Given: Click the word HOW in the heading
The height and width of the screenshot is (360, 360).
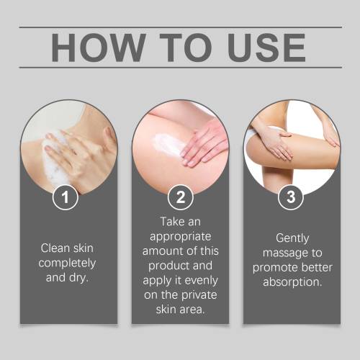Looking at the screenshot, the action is coord(99,48).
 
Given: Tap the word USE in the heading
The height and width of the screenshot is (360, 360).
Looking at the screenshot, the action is coord(266,48).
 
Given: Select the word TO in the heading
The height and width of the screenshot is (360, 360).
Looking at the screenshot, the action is coord(186,48).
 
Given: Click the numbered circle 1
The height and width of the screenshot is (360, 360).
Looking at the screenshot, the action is coord(66,197).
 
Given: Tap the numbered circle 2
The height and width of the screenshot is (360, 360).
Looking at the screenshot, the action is coord(181,197).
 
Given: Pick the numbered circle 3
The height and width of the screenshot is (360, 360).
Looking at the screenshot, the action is coord(291,197).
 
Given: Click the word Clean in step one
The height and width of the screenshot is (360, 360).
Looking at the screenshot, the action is coord(55,248).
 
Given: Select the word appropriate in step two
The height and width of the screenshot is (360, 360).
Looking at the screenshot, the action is coord(181,238).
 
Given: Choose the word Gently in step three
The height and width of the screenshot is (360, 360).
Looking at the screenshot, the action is coord(292,239).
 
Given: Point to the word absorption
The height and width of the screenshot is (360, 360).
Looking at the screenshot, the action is coord(292,283).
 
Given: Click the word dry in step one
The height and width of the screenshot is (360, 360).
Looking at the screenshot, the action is coord(78,279).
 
